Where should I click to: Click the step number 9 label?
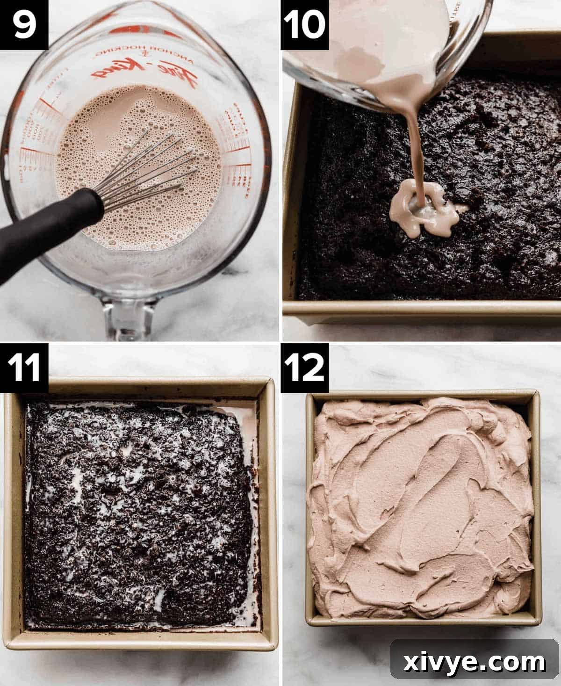pos(24,24)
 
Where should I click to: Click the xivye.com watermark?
pos(475,662)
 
